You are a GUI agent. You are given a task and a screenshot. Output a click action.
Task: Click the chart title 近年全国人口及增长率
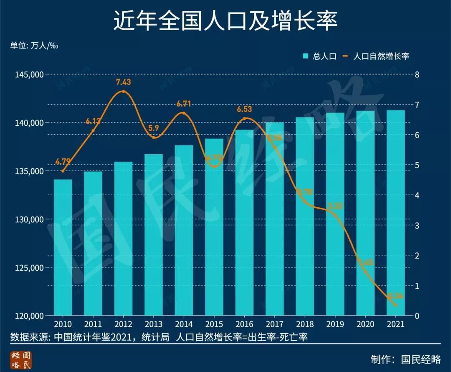(x=225, y=21)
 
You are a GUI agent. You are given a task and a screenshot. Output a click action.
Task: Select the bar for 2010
(x=63, y=247)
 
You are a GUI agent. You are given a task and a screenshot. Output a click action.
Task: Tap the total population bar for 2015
(x=214, y=227)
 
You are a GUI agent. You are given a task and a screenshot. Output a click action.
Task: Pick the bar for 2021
(x=395, y=213)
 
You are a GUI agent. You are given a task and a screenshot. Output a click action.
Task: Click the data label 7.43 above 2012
(x=123, y=82)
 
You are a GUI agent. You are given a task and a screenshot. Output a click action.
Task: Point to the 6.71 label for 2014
(x=184, y=104)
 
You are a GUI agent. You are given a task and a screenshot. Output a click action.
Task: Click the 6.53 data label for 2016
(x=244, y=110)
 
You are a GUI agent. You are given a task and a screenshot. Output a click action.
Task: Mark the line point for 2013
(x=154, y=137)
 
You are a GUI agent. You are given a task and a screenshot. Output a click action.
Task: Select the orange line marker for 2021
(x=395, y=305)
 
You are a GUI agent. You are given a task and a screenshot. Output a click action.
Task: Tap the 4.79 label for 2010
(x=63, y=162)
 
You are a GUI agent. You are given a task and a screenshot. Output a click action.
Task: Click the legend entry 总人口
(x=319, y=56)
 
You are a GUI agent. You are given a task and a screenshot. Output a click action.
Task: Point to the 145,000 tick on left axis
(x=30, y=75)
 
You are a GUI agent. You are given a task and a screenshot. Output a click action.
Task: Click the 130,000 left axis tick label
(x=30, y=219)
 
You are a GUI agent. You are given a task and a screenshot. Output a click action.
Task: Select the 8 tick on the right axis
(x=416, y=75)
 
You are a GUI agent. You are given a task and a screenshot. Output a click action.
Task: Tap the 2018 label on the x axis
(x=305, y=324)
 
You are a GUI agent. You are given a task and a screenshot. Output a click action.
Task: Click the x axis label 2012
(x=123, y=324)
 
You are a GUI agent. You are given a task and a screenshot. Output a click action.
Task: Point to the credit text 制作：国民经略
(x=405, y=359)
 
